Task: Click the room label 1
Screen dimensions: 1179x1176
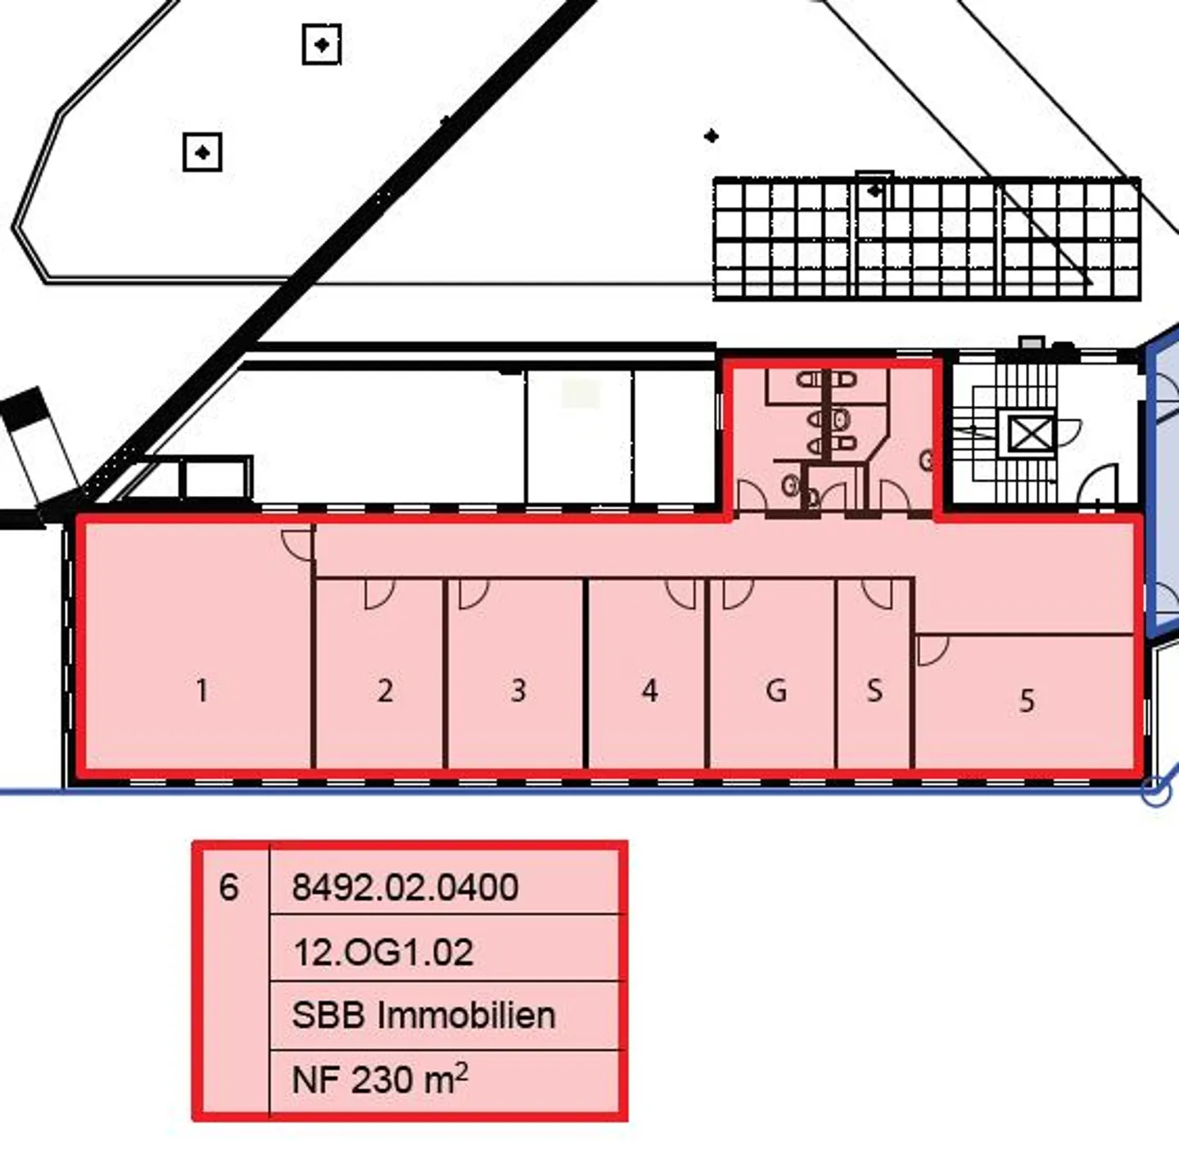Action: click(x=202, y=691)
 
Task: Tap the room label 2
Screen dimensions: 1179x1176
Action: click(x=385, y=691)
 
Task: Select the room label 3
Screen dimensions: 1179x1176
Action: click(x=518, y=691)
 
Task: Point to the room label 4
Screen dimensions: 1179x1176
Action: click(x=650, y=691)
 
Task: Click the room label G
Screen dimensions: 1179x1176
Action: click(x=776, y=691)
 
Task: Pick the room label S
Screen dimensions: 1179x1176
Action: click(x=874, y=691)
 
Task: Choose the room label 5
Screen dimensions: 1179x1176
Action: click(x=1027, y=701)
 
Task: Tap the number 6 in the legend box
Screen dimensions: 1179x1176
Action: click(x=228, y=887)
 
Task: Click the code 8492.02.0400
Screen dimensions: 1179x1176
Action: click(x=405, y=887)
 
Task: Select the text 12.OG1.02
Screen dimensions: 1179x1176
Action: click(x=383, y=952)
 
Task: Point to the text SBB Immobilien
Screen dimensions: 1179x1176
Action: click(x=423, y=1016)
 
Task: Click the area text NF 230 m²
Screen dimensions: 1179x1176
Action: click(x=379, y=1080)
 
